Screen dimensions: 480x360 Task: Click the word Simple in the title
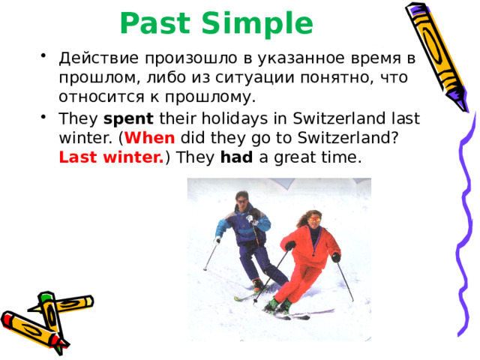(x=257, y=25)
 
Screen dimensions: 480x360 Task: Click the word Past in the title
(x=155, y=23)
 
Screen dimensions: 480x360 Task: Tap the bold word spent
(x=128, y=119)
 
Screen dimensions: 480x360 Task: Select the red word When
(x=150, y=138)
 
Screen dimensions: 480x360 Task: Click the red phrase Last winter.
(x=111, y=157)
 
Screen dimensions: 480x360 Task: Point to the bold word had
(x=237, y=157)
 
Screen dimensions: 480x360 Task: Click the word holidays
(x=235, y=119)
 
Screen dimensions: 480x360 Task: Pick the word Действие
(x=98, y=58)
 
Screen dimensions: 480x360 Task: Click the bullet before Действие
(x=43, y=56)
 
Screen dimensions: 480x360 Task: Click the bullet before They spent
(x=43, y=117)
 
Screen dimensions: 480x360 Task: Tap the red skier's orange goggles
(x=314, y=220)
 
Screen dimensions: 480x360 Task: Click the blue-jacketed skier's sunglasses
(x=242, y=202)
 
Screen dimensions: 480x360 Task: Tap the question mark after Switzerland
(x=395, y=138)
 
